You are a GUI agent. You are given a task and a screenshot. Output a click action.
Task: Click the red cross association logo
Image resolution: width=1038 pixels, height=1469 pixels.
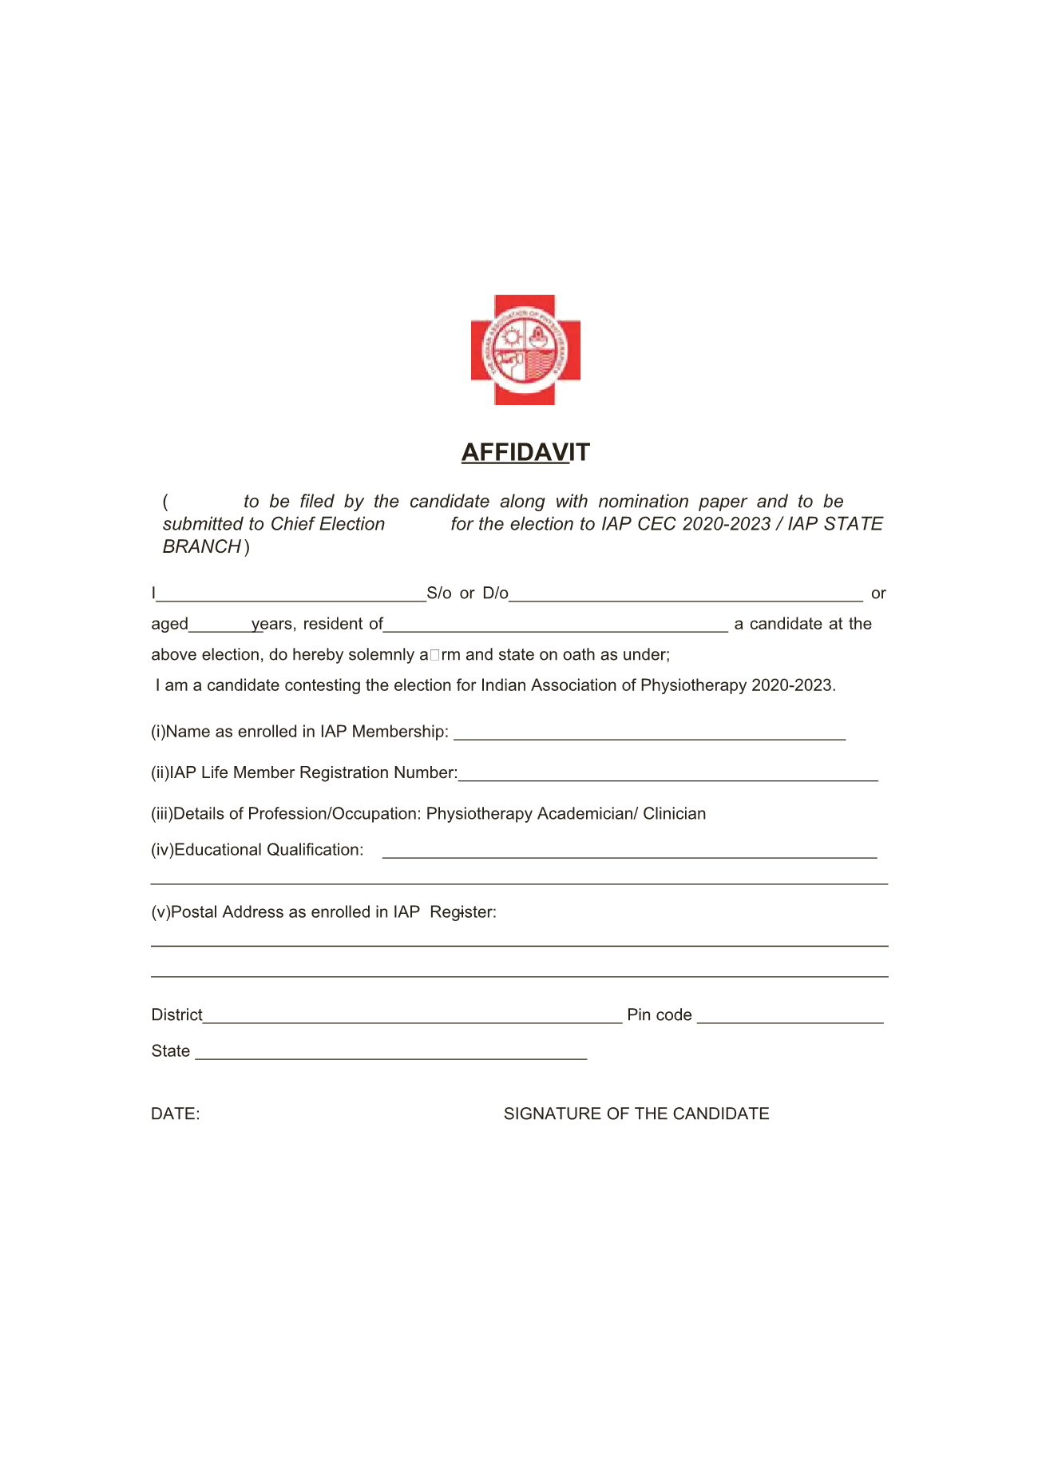[525, 350]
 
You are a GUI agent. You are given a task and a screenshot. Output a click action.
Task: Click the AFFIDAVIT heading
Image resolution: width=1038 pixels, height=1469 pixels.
[525, 452]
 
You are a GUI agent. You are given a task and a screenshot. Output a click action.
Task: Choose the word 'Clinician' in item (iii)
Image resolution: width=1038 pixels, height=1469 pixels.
[674, 814]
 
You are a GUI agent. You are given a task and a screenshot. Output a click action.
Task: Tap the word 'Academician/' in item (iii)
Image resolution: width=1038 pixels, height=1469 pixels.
[588, 814]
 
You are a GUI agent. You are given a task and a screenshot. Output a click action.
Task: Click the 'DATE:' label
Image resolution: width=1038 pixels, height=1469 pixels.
[176, 1114]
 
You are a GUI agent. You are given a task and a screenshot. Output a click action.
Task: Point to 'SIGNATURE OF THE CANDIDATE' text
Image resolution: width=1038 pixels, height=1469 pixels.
[636, 1114]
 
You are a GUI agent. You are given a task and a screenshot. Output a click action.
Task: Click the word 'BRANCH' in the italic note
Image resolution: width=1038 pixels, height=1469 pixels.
[202, 547]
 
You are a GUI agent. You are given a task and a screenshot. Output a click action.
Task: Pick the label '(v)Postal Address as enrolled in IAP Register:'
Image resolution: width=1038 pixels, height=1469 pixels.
[323, 912]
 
